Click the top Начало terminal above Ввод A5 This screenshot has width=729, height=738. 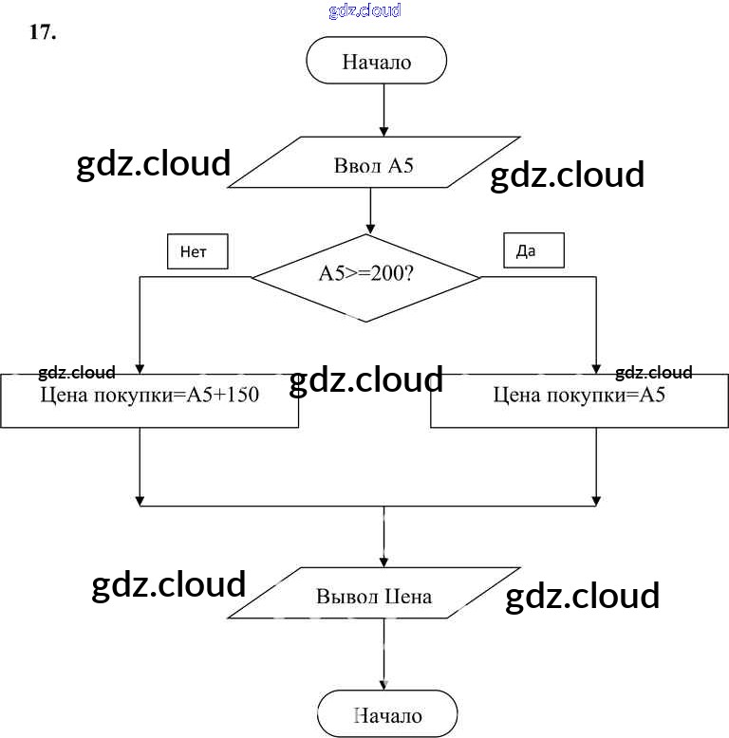pos(376,63)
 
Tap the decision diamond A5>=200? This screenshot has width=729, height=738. pos(366,277)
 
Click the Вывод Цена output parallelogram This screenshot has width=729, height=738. pos(374,596)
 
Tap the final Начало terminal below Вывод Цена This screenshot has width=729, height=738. pos(387,715)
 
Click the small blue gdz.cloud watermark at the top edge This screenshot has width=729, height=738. pos(364,10)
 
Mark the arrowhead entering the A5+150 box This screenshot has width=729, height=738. pos(140,368)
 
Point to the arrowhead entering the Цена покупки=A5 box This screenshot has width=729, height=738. pos(597,368)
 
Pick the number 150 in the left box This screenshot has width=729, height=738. pos(243,396)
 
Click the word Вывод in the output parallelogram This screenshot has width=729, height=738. pos(347,597)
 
